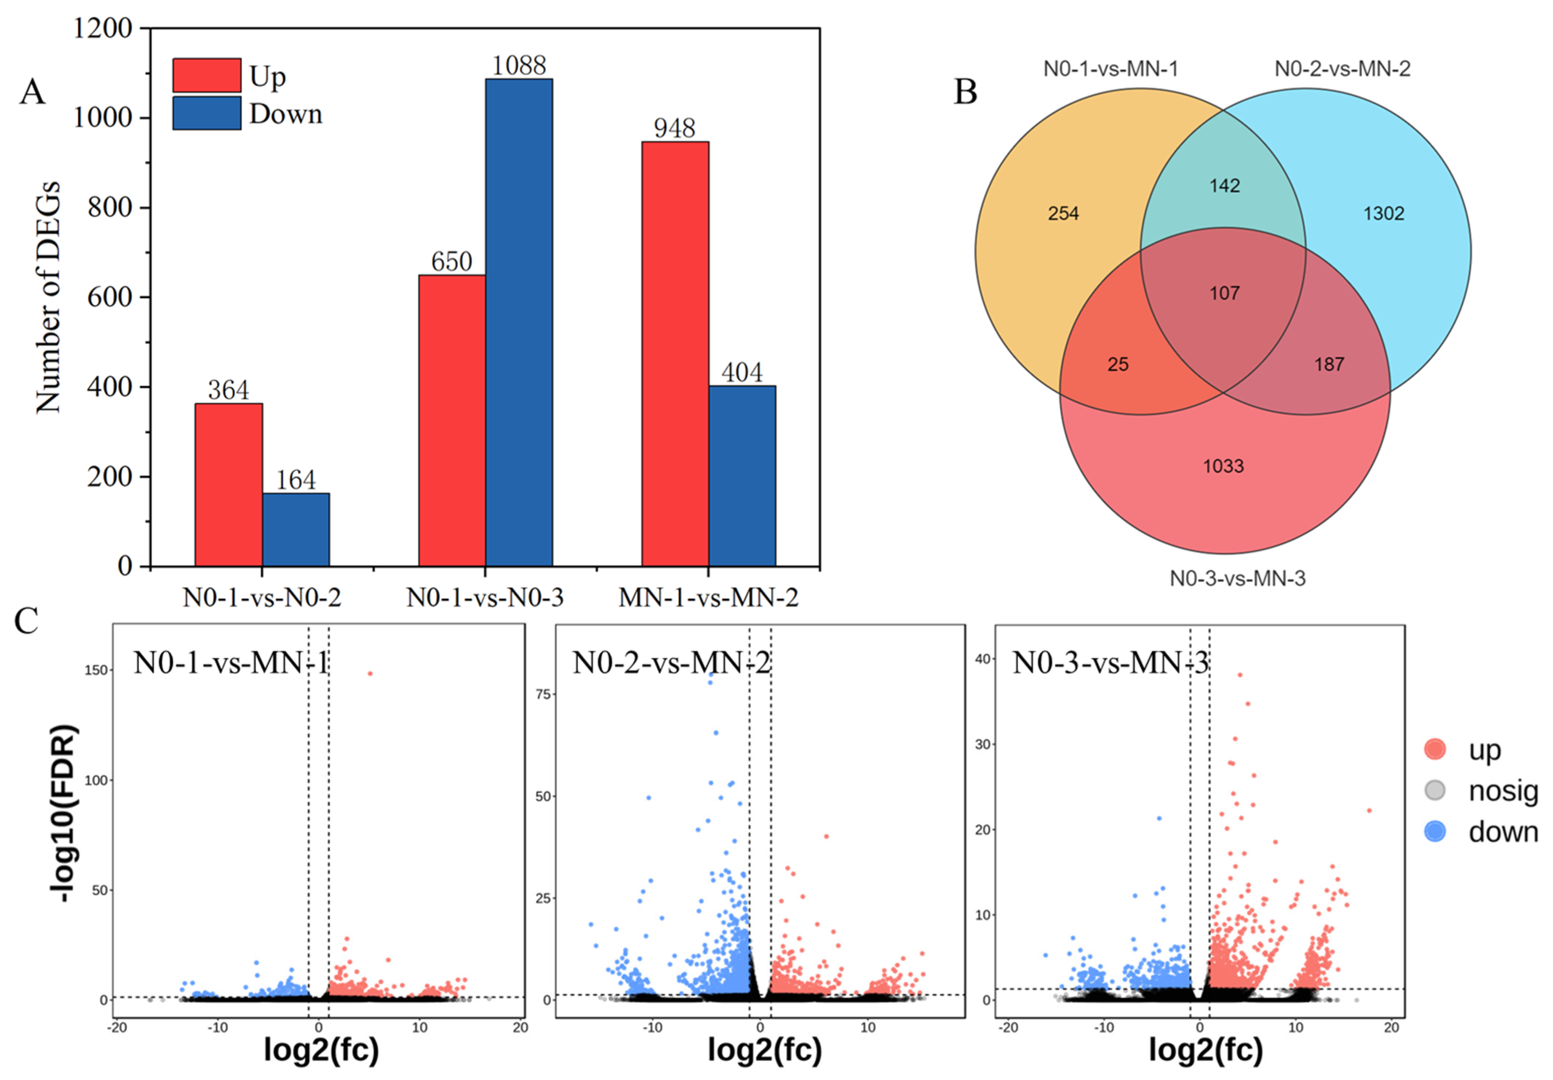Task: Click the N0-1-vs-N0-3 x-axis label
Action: (x=484, y=597)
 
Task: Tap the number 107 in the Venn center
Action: (x=1224, y=293)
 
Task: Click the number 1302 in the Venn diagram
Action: (x=1383, y=214)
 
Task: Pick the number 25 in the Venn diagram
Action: (x=1117, y=365)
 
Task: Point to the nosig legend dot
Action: (x=1435, y=790)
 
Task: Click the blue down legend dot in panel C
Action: (x=1435, y=831)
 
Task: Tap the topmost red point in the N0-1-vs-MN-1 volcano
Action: (x=370, y=673)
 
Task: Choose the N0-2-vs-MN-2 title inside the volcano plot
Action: (x=671, y=663)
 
